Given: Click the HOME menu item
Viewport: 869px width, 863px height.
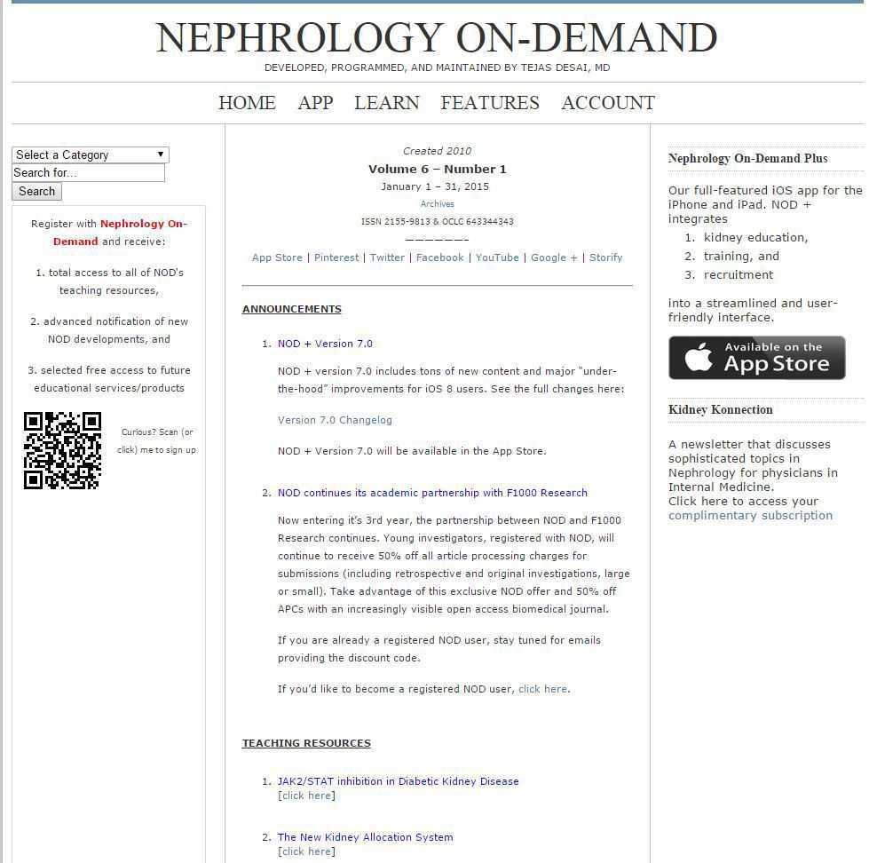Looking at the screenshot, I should tap(247, 103).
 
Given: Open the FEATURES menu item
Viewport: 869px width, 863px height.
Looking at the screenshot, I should tap(490, 103).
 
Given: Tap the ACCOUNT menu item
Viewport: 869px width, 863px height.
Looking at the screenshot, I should tap(608, 103).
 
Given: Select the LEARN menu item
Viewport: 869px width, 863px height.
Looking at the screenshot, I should tap(387, 103).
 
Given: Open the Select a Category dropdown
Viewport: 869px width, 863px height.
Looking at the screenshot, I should tap(90, 154).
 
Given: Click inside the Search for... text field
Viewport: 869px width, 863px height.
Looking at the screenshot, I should tap(88, 172).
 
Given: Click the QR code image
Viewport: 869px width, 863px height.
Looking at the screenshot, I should tap(62, 450).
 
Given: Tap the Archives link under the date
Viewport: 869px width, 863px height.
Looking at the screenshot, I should tap(438, 204).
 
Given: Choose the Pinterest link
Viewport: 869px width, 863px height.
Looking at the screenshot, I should tap(336, 257).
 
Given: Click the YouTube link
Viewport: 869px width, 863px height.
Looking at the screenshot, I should tap(497, 257).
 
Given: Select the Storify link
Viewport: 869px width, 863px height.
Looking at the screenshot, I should tap(606, 257).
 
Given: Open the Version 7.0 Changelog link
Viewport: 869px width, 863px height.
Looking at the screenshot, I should tap(335, 420).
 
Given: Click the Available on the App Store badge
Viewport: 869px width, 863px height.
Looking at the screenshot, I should tap(756, 357).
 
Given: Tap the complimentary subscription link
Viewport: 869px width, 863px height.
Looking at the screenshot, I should tap(750, 515).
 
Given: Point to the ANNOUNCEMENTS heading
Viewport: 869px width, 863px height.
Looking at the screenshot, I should tap(292, 309).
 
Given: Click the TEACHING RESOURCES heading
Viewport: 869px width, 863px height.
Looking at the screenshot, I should tap(306, 743).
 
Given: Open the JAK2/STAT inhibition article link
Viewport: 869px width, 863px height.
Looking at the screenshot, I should tap(398, 781).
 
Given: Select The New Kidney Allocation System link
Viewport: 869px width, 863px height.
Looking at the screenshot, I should tap(365, 837).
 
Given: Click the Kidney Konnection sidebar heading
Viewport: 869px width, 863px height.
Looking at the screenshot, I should tap(720, 409).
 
